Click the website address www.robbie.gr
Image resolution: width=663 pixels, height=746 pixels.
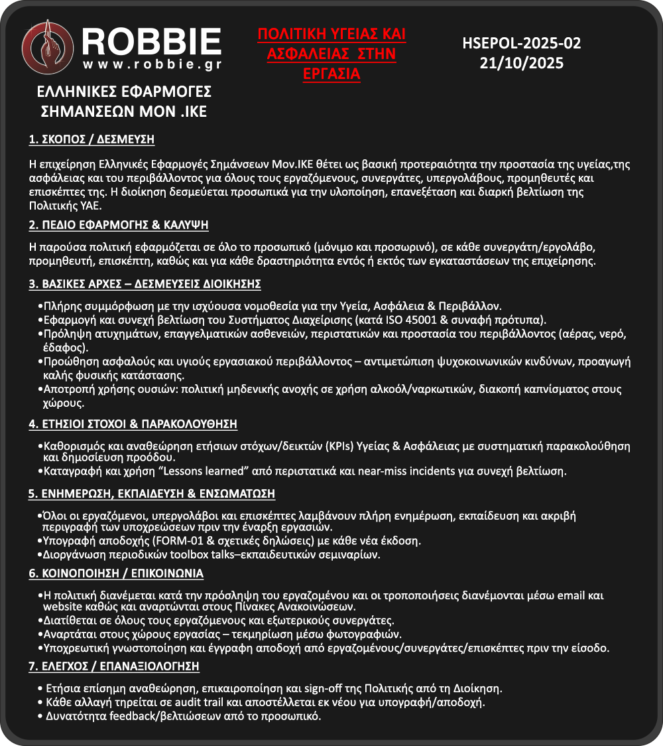tap(152, 65)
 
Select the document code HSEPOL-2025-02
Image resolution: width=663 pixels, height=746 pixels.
tap(521, 44)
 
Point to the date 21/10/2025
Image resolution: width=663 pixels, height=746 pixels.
tap(521, 63)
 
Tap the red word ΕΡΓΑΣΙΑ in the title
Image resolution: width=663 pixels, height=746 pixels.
tap(331, 74)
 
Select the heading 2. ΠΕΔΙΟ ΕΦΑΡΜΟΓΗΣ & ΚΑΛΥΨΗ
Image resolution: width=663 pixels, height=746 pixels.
tap(119, 225)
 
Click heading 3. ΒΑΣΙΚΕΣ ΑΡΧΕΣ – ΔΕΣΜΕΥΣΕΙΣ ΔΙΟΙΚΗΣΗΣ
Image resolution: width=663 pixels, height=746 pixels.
tap(145, 284)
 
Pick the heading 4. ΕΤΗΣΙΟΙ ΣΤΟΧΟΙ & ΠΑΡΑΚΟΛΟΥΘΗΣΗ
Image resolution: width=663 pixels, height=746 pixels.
tap(133, 423)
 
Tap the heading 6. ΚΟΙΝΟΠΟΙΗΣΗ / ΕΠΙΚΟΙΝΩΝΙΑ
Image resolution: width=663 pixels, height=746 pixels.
tap(116, 573)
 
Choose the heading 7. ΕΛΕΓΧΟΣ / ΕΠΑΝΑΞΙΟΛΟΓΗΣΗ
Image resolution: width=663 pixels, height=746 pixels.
tap(114, 666)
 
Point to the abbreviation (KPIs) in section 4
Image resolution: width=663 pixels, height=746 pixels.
tap(339, 445)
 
